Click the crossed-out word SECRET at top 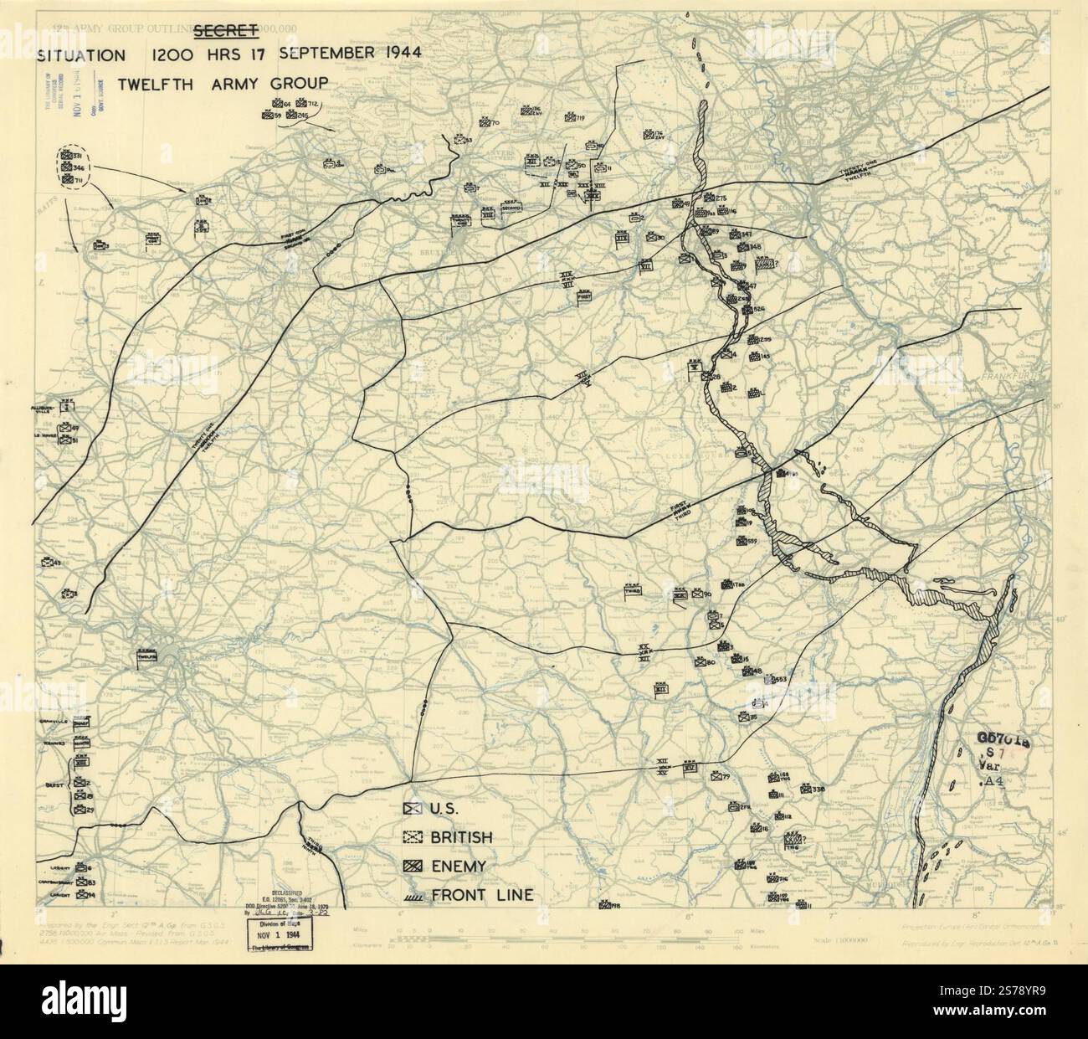pos(223,32)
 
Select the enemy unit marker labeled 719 pos(571,120)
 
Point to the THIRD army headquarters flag pos(633,590)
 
